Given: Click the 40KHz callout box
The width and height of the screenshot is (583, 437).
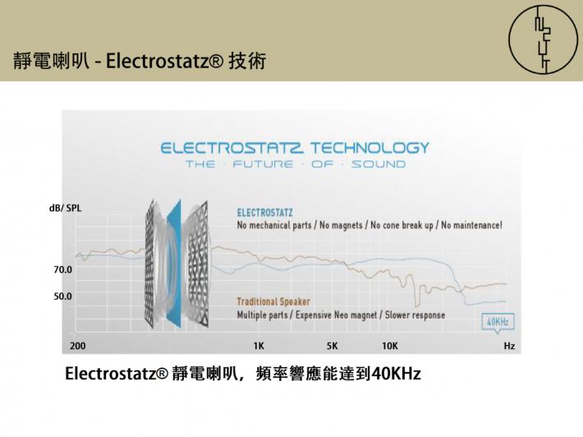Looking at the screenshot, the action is click(498, 322).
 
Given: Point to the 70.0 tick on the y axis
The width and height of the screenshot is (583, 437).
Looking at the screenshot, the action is click(63, 269).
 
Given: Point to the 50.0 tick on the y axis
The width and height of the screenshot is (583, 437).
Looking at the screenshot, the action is click(63, 297).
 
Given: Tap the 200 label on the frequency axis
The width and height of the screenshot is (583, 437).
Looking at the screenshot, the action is click(78, 346).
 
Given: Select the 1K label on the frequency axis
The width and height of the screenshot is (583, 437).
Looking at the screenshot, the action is click(259, 346).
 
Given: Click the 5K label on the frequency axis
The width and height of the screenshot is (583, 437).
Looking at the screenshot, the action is click(332, 346).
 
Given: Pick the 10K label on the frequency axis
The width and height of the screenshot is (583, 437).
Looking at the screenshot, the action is click(390, 346).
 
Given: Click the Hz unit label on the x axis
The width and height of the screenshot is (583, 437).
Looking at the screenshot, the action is click(509, 346).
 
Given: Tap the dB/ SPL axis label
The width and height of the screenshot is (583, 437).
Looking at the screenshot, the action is click(66, 209).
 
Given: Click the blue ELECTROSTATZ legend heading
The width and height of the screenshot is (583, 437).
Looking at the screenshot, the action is click(264, 213).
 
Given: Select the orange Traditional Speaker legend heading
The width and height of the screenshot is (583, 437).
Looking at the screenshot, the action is click(273, 301).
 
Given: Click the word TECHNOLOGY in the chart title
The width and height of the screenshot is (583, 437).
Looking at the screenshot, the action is click(370, 148).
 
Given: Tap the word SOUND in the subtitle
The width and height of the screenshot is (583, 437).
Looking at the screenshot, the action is click(379, 164).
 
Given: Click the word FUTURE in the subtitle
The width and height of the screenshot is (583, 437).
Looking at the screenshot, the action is click(264, 164).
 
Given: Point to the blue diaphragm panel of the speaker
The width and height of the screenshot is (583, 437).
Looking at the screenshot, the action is click(174, 264).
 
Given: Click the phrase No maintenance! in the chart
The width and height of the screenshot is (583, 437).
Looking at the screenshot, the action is click(471, 225).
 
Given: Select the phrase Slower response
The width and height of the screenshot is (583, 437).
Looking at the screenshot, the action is click(415, 315).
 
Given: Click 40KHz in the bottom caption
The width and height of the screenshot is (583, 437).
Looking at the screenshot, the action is click(396, 374).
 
